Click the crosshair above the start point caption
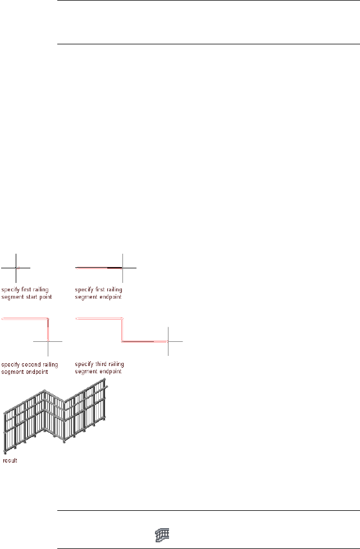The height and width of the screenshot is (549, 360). pyautogui.click(x=16, y=268)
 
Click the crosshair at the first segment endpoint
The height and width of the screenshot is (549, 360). pyautogui.click(x=122, y=268)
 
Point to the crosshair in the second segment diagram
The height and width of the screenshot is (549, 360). pyautogui.click(x=48, y=341)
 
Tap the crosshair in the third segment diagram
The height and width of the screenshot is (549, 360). pyautogui.click(x=168, y=341)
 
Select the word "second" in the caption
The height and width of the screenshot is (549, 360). pyautogui.click(x=26, y=364)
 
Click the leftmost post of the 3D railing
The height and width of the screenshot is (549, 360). pyautogui.click(x=5, y=432)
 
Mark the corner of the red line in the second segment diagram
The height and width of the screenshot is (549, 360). pyautogui.click(x=48, y=319)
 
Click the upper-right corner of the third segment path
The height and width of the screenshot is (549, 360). pyautogui.click(x=122, y=319)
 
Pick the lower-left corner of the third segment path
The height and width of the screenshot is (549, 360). pyautogui.click(x=122, y=340)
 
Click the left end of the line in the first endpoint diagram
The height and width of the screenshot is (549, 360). pyautogui.click(x=76, y=268)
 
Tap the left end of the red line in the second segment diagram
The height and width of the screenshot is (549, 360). pyautogui.click(x=3, y=319)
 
